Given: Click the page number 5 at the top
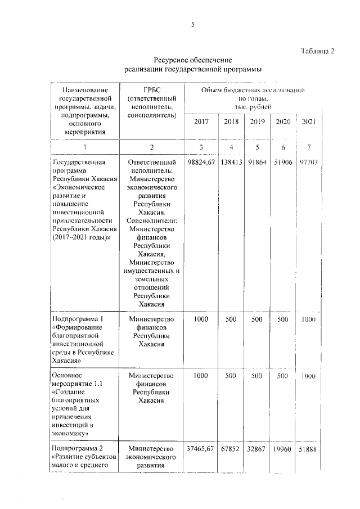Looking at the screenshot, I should coord(192,25).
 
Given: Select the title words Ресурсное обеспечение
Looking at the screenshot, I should coord(193,60).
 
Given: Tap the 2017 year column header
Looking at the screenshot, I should coord(201,121).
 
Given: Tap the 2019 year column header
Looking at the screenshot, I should coord(257,121).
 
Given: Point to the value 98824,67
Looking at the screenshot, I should coord(201,162).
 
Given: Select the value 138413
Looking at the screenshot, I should coord(231,162).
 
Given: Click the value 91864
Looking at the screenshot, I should coord(257,162).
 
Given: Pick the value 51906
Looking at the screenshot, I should coord(283,162).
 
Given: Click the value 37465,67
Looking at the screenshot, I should coord(201,448).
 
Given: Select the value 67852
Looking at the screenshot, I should coord(231,448).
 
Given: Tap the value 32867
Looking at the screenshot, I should coord(257,448).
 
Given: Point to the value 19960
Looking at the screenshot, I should coord(283,448).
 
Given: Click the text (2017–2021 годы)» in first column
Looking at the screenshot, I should coord(81,237).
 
